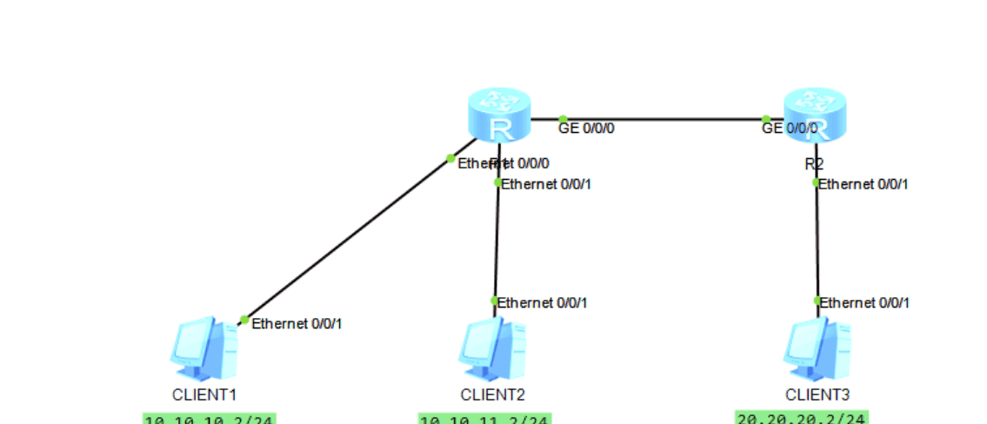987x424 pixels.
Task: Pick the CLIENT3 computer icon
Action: click(x=815, y=349)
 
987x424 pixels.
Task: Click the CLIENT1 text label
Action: click(x=204, y=394)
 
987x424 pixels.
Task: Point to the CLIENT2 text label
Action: click(x=493, y=394)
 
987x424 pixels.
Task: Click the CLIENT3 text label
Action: click(x=816, y=394)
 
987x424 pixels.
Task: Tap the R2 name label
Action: click(x=814, y=163)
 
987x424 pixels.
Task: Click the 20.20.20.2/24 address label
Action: click(x=801, y=417)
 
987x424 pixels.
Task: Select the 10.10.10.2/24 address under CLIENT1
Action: click(x=209, y=420)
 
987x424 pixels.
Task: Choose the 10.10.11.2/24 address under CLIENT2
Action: click(x=484, y=420)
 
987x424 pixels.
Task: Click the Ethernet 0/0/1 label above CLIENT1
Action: click(x=297, y=323)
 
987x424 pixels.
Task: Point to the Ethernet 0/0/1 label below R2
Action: click(x=864, y=183)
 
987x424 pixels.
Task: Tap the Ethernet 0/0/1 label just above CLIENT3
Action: click(x=865, y=302)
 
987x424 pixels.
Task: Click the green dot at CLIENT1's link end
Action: click(x=244, y=320)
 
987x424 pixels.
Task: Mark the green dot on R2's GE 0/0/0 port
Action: click(x=766, y=120)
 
